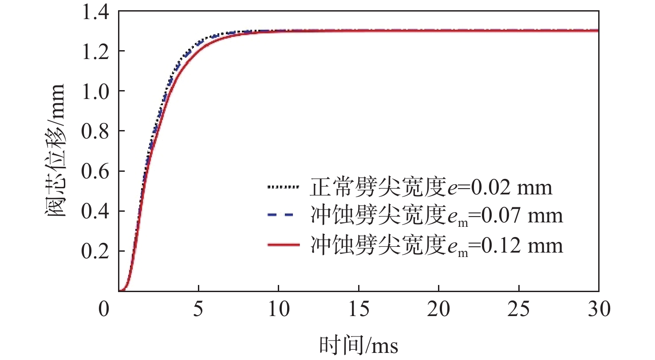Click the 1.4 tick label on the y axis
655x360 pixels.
(x=95, y=11)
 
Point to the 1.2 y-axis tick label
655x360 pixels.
(x=95, y=51)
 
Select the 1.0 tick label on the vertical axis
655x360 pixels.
(x=95, y=91)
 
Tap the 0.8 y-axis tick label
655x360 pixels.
(x=95, y=131)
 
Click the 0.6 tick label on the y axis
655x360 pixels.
(x=95, y=171)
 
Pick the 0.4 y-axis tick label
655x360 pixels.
(x=95, y=211)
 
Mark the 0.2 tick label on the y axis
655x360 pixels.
(x=95, y=251)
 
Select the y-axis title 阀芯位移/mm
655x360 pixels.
(x=55, y=151)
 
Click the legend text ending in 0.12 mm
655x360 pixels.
(x=437, y=245)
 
